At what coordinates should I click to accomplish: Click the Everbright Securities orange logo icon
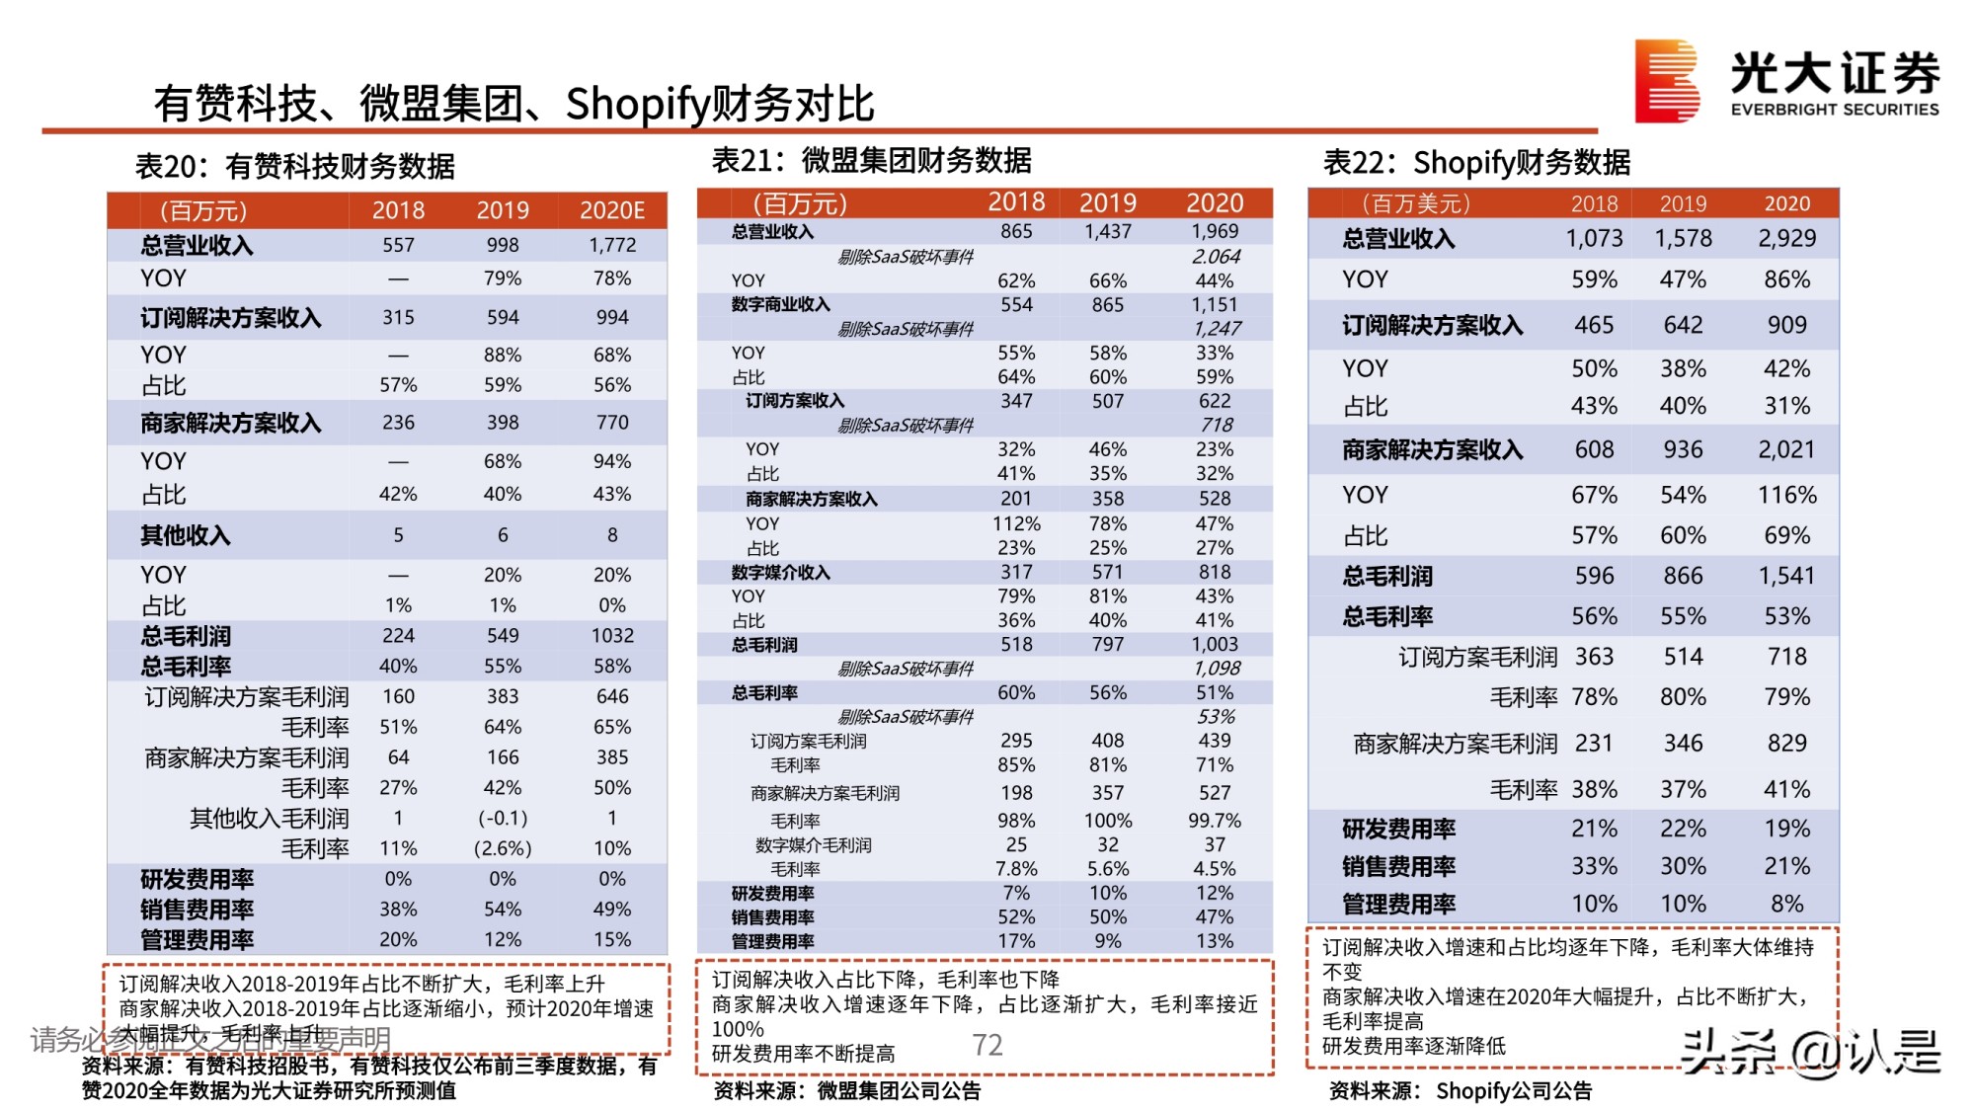(1666, 81)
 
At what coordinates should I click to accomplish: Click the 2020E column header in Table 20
(611, 210)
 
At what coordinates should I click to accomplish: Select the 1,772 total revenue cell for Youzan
(612, 245)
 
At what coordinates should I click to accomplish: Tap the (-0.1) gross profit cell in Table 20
(503, 818)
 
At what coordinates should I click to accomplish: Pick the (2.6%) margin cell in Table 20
(503, 848)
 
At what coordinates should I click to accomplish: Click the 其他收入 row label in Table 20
(185, 535)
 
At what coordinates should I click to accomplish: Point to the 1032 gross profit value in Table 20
(612, 635)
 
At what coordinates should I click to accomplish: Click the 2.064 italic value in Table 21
(1216, 257)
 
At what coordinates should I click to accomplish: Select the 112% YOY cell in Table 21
(1016, 523)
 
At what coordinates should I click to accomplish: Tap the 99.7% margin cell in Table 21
(1215, 821)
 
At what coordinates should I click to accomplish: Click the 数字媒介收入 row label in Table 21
(780, 572)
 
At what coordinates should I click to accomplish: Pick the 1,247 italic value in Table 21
(1217, 329)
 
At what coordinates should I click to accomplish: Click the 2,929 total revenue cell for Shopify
(1786, 238)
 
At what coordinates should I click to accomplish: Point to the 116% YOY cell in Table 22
(1786, 495)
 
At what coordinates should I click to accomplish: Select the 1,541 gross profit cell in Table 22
(1786, 576)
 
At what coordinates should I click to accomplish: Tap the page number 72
(987, 1045)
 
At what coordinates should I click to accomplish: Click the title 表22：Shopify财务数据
(1476, 162)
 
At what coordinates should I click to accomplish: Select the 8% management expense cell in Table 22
(1786, 904)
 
